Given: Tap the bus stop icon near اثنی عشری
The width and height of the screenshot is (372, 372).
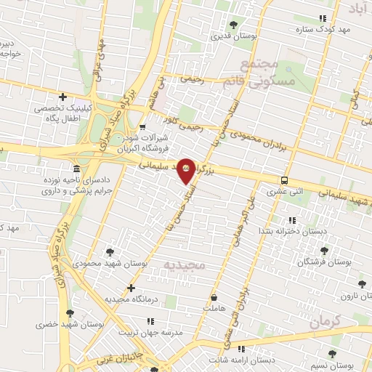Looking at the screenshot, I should [284, 181].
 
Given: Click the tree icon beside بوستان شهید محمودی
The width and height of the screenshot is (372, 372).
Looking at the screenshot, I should [110, 252].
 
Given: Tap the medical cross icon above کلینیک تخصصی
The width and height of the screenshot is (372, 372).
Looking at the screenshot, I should [63, 97].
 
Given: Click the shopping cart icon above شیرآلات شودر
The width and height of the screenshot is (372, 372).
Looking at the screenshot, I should [142, 129].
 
